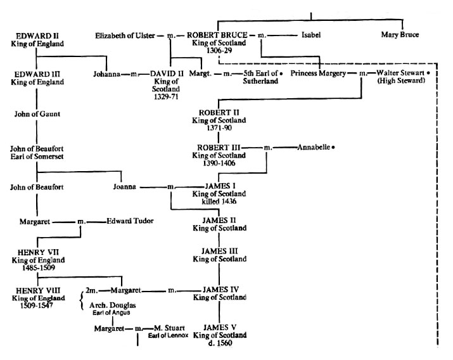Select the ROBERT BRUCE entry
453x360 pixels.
tap(217, 35)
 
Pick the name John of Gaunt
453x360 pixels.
tap(36, 114)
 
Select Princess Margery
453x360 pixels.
tap(319, 74)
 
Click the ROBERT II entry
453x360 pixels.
tap(217, 111)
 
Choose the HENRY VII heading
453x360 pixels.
tap(36, 252)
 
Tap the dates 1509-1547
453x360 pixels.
tap(36, 303)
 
